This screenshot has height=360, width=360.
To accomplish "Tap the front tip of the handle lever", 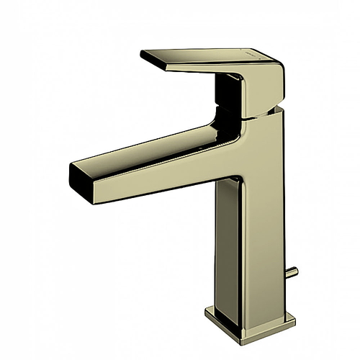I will pos(144,55).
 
